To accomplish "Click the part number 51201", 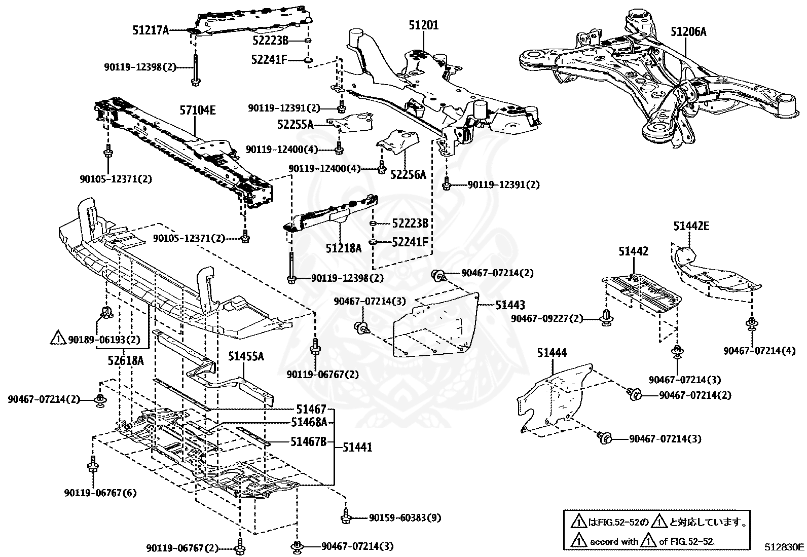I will click(x=424, y=25).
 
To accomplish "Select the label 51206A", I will click(x=688, y=32).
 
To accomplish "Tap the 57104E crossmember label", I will click(x=198, y=110).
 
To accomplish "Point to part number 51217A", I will click(x=151, y=30).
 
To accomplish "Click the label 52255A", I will click(x=296, y=124).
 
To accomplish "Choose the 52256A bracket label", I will click(x=408, y=175).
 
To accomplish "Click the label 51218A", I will click(x=344, y=248).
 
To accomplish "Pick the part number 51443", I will click(x=510, y=305).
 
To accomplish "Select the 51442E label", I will click(x=691, y=226).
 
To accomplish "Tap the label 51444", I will click(x=552, y=353).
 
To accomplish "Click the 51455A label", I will click(x=246, y=356).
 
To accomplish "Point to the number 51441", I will click(x=357, y=447).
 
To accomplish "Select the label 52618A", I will click(x=125, y=360).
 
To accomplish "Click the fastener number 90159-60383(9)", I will click(x=405, y=518).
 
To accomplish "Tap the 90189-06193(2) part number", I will click(x=104, y=339).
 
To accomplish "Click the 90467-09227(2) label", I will click(x=547, y=319).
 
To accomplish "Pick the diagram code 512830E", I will click(x=784, y=547).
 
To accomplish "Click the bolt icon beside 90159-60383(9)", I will click(x=346, y=516).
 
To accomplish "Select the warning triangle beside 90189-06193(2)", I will click(x=58, y=338).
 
